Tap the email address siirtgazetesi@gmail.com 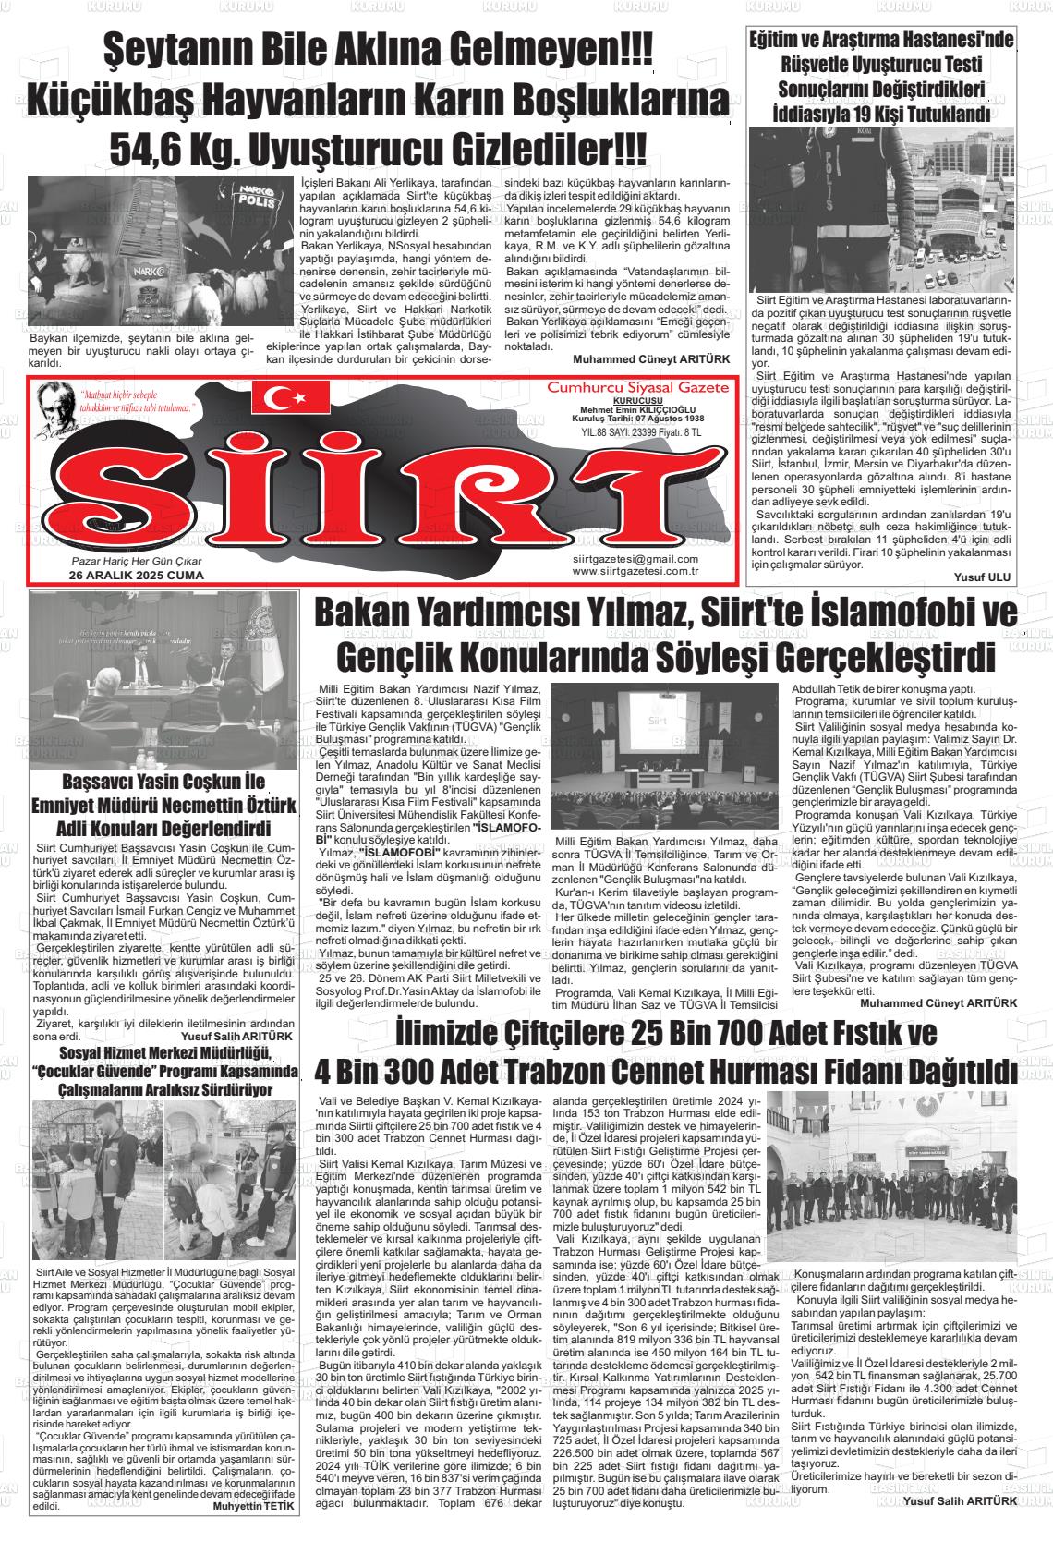(x=635, y=559)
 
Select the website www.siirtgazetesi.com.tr (x=635, y=571)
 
